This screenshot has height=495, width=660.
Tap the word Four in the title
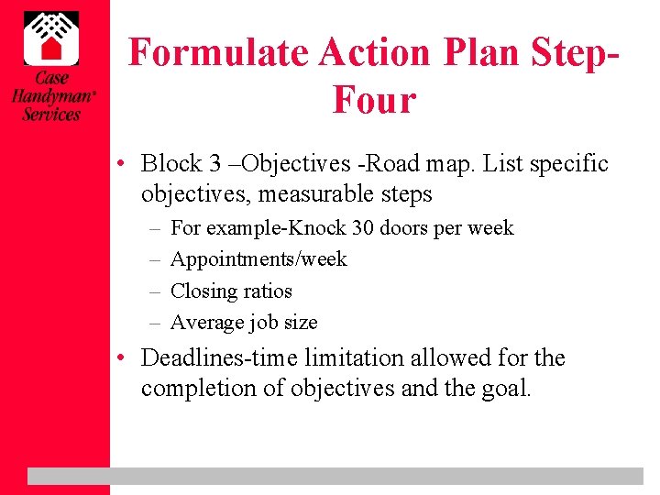[374, 100]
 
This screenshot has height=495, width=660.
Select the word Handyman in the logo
[51, 96]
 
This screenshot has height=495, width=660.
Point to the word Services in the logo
[51, 114]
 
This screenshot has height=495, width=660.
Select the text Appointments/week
[258, 259]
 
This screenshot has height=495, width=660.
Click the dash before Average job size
[154, 323]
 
